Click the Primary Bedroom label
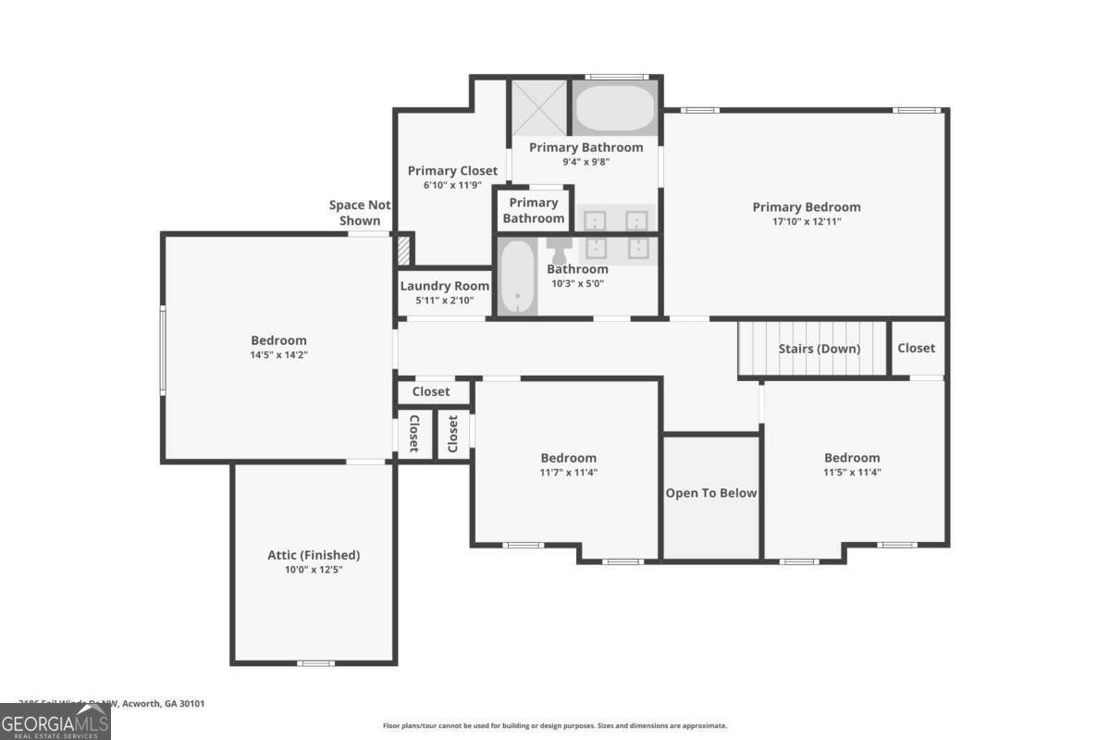806,207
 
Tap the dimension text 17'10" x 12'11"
806,221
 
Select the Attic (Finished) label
314,555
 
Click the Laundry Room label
444,286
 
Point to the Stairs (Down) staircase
812,349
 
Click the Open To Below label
711,493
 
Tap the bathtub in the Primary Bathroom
616,109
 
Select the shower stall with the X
539,108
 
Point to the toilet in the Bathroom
560,250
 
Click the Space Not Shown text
360,213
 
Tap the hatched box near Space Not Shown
403,251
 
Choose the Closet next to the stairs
916,348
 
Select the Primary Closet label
453,170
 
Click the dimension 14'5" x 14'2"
278,354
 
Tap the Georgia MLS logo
55,721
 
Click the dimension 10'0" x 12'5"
314,570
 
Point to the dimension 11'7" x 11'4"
568,472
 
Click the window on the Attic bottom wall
315,662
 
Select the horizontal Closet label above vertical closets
431,391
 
